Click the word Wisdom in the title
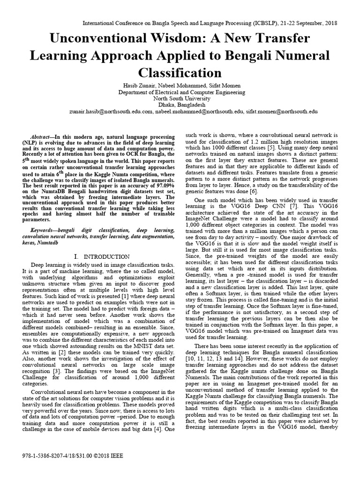tap(178, 37)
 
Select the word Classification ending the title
tap(180, 73)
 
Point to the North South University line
tap(180, 99)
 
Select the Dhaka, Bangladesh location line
tap(180, 105)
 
